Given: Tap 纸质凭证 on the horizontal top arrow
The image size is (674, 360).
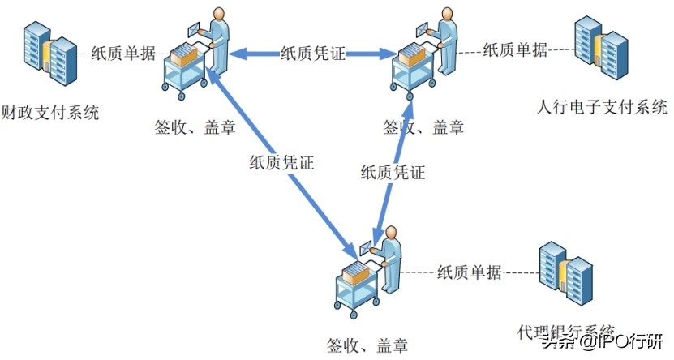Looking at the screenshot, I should [312, 54].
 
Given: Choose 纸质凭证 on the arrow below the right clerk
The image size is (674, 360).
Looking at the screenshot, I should [393, 172].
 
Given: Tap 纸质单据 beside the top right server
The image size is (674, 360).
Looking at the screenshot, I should [515, 49].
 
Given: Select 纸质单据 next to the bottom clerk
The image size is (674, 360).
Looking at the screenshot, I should [469, 271].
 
